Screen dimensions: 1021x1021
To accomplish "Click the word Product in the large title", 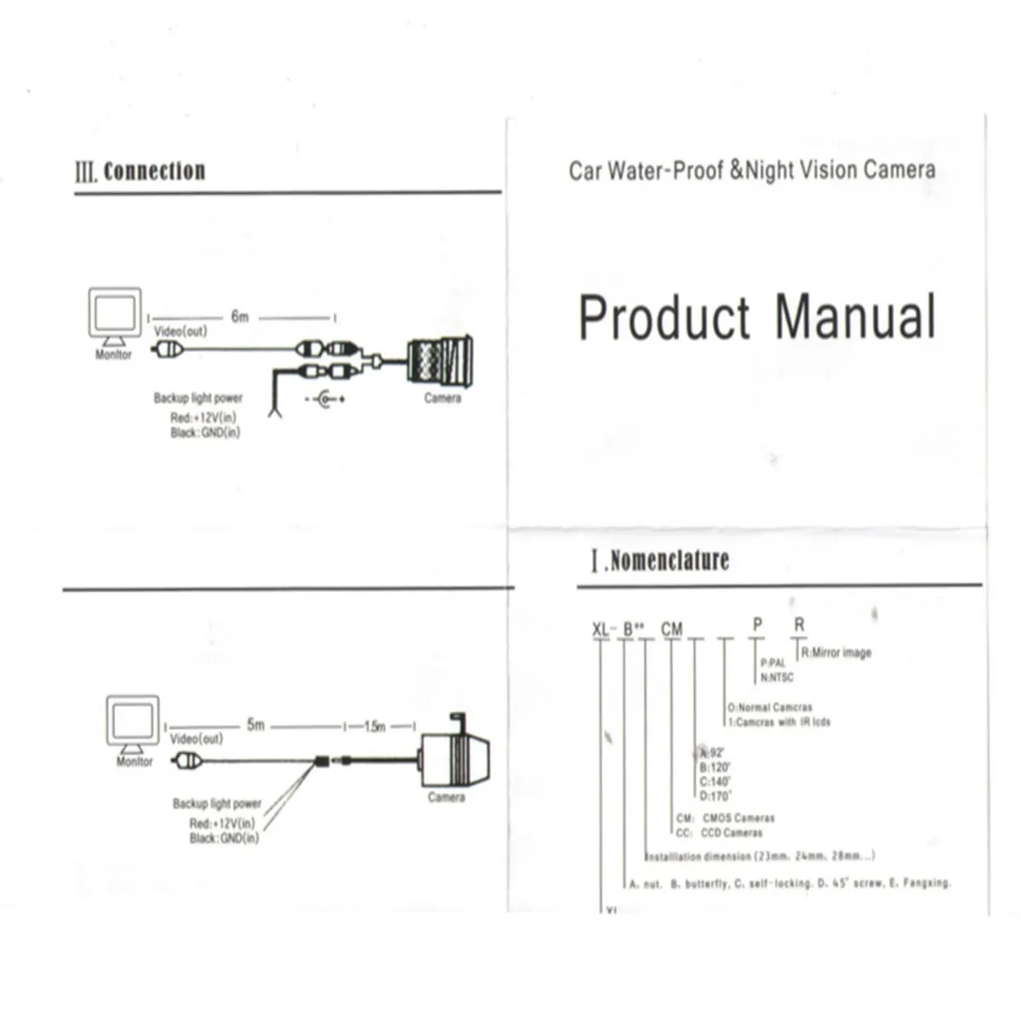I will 665,318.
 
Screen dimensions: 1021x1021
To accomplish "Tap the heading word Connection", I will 154,171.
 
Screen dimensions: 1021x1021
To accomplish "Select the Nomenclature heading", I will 670,561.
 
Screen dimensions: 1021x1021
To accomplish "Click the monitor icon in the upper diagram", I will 115,315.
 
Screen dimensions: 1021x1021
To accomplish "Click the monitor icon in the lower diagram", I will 133,724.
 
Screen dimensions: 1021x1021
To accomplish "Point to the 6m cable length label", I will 240,317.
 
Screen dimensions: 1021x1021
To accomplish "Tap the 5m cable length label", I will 255,725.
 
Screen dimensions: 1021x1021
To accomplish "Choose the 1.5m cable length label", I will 375,727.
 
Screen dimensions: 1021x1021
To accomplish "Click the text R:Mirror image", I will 836,653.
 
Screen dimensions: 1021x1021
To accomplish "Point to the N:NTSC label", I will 776,677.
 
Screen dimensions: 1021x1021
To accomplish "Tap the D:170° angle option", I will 715,796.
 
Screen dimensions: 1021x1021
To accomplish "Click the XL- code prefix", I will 602,630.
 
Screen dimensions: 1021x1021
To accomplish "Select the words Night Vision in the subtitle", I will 801,170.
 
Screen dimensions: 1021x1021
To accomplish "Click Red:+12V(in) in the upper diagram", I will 203,418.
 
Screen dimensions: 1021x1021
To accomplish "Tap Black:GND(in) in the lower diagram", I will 224,839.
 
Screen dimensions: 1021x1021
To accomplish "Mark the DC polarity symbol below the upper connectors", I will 325,398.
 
